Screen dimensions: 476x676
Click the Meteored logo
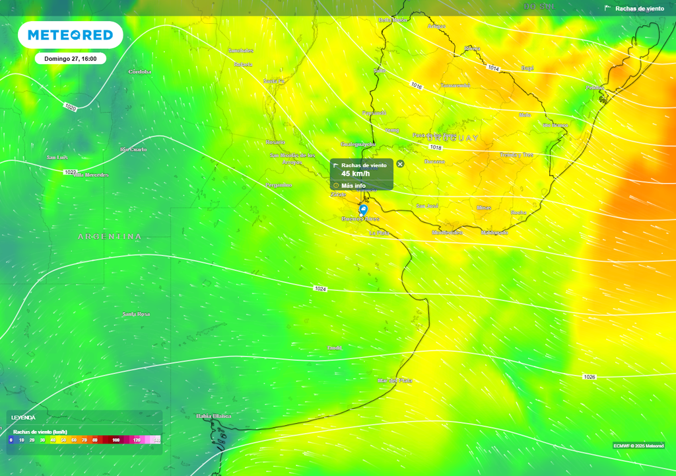pyautogui.click(x=70, y=35)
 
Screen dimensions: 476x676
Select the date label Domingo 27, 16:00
pyautogui.click(x=71, y=59)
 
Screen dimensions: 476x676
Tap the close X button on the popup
pyautogui.click(x=400, y=164)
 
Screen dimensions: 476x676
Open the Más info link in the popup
pyautogui.click(x=353, y=186)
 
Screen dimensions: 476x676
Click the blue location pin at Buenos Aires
pyautogui.click(x=363, y=210)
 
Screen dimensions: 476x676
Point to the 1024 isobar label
pyautogui.click(x=320, y=289)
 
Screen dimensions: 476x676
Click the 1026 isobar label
pyautogui.click(x=590, y=377)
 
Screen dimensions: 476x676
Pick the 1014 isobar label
pyautogui.click(x=493, y=68)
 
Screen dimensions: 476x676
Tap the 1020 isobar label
pyautogui.click(x=71, y=107)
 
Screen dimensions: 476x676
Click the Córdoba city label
pyautogui.click(x=139, y=71)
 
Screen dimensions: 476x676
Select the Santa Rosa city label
pyautogui.click(x=136, y=314)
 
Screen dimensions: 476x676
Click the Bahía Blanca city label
pyautogui.click(x=213, y=416)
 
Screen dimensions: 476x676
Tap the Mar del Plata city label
pyautogui.click(x=395, y=381)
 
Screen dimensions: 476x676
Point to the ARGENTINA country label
pyautogui.click(x=110, y=237)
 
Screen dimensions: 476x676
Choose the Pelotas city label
pyautogui.click(x=595, y=87)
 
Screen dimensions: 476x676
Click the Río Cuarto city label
pyautogui.click(x=133, y=149)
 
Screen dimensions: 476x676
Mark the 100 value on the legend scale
pyautogui.click(x=116, y=440)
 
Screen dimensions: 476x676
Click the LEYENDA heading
pyautogui.click(x=23, y=418)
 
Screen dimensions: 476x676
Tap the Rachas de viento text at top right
pyautogui.click(x=639, y=9)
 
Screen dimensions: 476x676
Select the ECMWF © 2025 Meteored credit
pyautogui.click(x=638, y=446)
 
